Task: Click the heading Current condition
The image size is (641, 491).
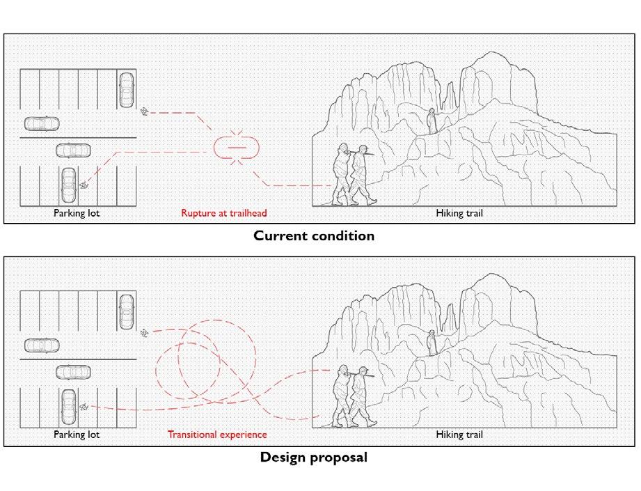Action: [314, 235]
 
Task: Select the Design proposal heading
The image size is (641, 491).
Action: [314, 458]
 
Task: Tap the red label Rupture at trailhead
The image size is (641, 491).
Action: [224, 213]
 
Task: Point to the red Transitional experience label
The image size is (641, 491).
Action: [217, 435]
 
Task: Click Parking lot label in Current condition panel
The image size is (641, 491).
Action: [77, 213]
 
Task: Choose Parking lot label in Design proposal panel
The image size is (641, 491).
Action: [77, 435]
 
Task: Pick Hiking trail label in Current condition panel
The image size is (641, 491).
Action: [459, 213]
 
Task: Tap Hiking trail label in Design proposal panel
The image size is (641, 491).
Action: [459, 435]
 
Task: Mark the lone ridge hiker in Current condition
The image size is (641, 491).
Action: [432, 121]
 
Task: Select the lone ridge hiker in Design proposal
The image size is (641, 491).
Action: [432, 343]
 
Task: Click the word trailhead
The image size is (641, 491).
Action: [246, 213]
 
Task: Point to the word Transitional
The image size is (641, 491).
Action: [191, 435]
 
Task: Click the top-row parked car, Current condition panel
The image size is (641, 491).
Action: [126, 90]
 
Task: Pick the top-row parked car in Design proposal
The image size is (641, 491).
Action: [126, 311]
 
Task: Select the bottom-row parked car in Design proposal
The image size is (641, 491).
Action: [68, 405]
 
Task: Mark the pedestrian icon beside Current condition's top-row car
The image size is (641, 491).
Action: [144, 111]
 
